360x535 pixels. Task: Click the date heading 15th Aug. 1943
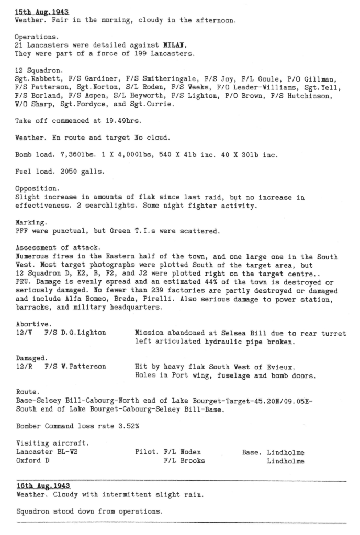42,12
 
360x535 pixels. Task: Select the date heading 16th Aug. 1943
43,486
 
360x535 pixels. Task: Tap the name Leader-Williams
258,88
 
